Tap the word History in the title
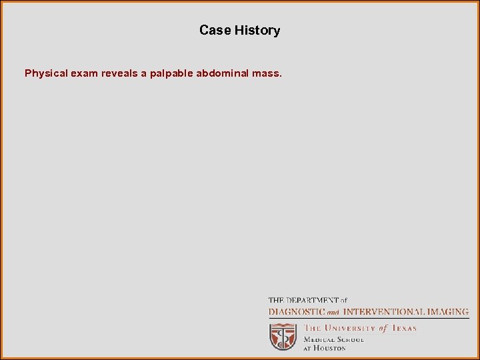(x=257, y=30)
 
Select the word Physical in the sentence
(x=46, y=73)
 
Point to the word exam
(x=85, y=73)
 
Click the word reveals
(x=121, y=73)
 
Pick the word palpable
(x=171, y=73)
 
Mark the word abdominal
(x=223, y=73)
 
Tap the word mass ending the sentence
(x=267, y=73)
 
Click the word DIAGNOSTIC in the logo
(x=297, y=311)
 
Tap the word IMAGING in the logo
(x=448, y=311)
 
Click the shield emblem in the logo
(x=283, y=337)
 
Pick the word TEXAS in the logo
(x=403, y=328)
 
